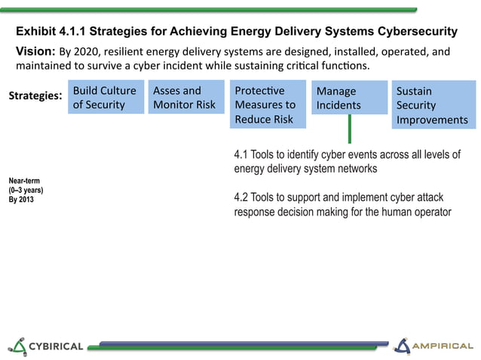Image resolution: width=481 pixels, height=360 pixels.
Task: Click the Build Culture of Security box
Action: tap(106, 98)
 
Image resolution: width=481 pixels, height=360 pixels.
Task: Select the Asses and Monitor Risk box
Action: tap(185, 98)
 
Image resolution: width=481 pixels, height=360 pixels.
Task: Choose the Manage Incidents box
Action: tap(349, 99)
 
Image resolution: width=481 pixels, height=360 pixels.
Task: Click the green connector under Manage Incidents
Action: tap(350, 129)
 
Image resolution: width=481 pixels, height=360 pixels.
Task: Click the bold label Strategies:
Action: tap(35, 97)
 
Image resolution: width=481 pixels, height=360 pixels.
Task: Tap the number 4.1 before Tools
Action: tap(242, 155)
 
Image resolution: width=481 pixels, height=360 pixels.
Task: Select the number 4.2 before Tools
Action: tap(242, 197)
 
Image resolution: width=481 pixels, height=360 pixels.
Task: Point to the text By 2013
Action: tap(21, 200)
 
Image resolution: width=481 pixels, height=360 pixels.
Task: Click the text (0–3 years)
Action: tap(26, 191)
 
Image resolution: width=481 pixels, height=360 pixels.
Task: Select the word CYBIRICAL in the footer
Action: tap(56, 346)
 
